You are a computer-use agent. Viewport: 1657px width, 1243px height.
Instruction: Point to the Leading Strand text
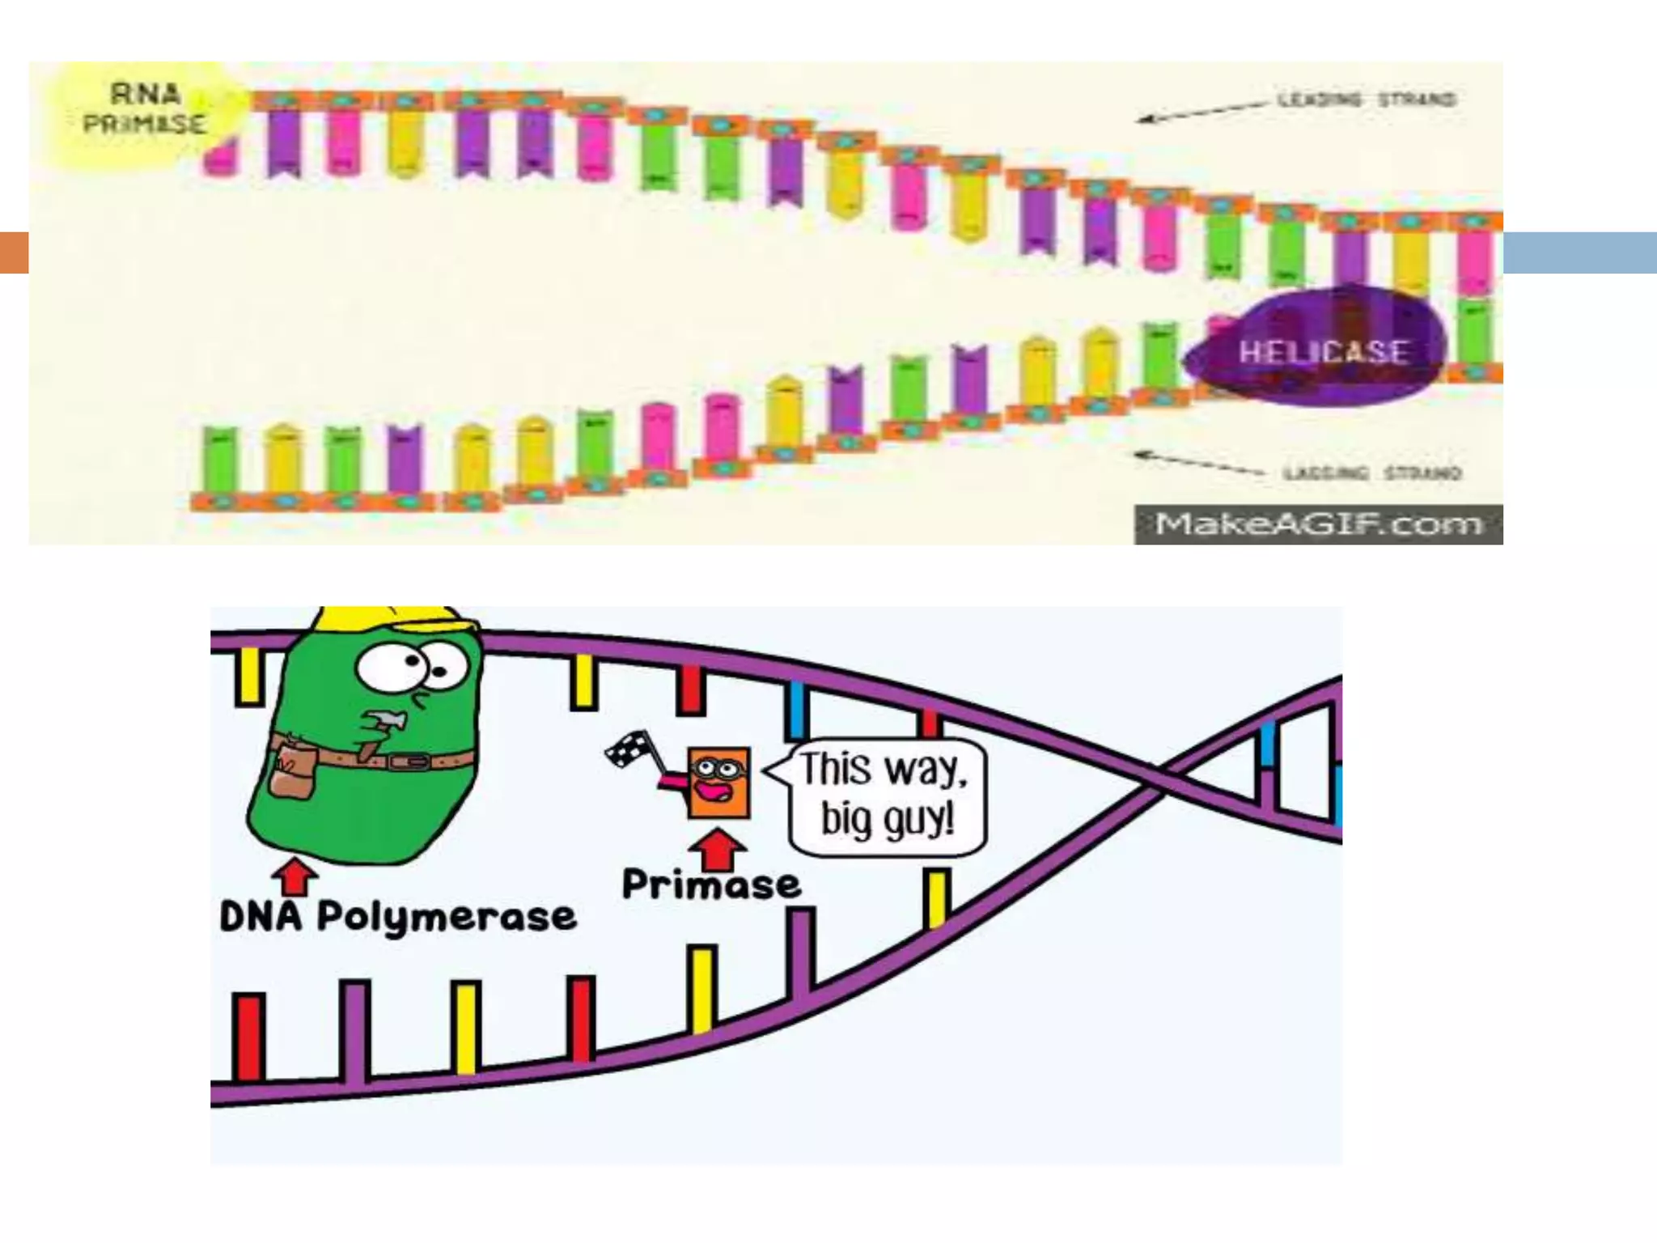[1367, 100]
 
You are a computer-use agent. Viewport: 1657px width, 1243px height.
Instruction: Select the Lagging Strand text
[1372, 473]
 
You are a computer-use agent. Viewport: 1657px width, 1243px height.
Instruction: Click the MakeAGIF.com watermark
[1318, 524]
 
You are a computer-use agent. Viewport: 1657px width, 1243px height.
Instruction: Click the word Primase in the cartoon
[710, 885]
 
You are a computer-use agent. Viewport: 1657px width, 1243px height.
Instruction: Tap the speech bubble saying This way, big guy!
[887, 796]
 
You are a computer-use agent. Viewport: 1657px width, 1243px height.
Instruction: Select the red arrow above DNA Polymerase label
[295, 876]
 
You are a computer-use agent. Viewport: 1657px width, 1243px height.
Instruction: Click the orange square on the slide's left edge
[14, 252]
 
